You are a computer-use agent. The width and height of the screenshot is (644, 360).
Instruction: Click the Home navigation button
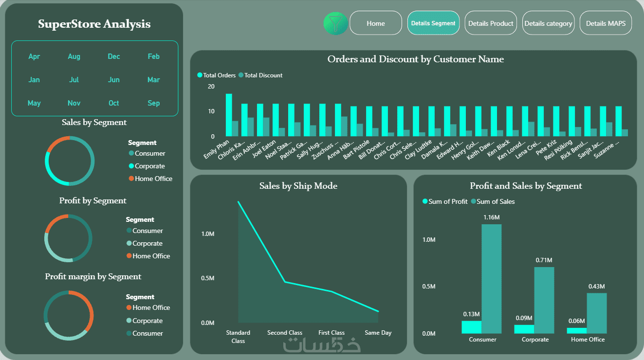coord(375,23)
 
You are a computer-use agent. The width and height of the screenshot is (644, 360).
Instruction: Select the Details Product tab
coord(491,23)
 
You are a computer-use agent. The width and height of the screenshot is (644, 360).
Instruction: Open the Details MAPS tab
coord(606,23)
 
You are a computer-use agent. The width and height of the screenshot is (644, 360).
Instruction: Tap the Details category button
coord(548,23)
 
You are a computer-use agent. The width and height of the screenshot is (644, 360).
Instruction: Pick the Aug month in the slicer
coord(74,56)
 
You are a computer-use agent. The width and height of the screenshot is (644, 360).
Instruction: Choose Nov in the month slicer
coord(74,103)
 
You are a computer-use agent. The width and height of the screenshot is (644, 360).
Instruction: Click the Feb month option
coord(153,56)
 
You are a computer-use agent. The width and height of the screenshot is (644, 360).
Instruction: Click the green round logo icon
coord(335,23)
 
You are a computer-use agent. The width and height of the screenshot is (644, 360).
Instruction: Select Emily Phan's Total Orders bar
coord(229,115)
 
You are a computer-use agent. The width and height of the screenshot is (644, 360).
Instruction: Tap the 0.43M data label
coord(596,287)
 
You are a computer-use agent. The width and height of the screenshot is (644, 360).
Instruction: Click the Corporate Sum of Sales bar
coord(544,300)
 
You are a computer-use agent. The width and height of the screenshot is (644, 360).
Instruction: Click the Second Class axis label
coord(285,333)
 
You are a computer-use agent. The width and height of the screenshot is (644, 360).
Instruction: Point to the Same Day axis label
coord(378,333)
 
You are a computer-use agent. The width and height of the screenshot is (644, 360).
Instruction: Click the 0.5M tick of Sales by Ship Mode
coord(207,278)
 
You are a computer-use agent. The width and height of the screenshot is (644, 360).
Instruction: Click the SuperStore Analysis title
coord(94,24)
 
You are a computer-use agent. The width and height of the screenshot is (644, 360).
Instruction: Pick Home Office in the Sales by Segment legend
coord(153,179)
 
